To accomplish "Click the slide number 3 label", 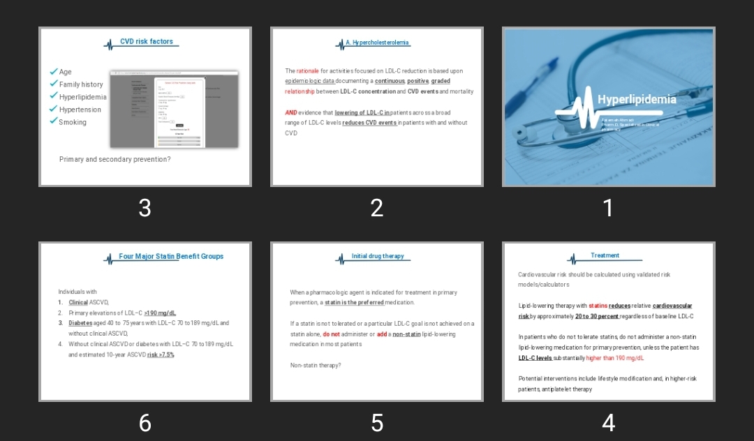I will coord(145,208).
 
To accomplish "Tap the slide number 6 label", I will coord(145,422).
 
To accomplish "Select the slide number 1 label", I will coord(608,208).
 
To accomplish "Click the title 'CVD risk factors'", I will coord(147,42).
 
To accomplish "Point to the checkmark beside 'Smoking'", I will coord(54,121).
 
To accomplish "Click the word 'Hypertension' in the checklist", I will coord(80,110).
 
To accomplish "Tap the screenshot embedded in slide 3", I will coord(175,109).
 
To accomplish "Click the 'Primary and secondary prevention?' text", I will coord(115,159).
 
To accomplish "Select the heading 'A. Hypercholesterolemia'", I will coord(378,43).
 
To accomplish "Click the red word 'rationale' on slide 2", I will coord(307,71).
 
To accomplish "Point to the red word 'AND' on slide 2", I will coord(291,112).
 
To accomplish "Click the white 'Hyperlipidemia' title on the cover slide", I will coord(637,99).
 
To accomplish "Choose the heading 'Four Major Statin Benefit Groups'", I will coord(171,257).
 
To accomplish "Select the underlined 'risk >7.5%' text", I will coord(161,354).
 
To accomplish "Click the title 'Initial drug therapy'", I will coord(378,257).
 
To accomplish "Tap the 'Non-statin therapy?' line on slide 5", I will coord(316,365).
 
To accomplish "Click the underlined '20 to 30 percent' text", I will coord(597,316).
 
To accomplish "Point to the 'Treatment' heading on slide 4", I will coord(605,256).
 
